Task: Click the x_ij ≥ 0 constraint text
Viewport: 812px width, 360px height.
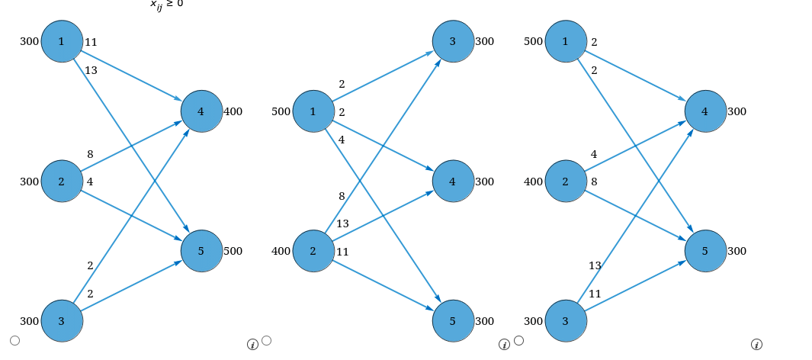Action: tap(166, 4)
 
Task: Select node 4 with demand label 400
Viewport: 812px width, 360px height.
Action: tap(201, 111)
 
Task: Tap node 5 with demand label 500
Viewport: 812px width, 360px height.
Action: tap(201, 251)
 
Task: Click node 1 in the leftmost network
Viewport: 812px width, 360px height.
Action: tap(62, 41)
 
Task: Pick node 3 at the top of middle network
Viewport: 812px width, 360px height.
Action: tap(453, 41)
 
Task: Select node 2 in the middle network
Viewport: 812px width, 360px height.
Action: tap(313, 251)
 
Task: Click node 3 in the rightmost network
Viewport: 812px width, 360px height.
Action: tap(566, 321)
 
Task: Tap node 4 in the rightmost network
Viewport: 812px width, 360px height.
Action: tap(705, 111)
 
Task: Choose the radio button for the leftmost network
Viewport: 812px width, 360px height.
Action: tap(14, 340)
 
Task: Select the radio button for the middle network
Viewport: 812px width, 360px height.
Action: tap(266, 340)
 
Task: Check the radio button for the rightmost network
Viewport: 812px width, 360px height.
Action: tap(518, 340)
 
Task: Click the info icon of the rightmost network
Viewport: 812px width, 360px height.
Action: tap(756, 345)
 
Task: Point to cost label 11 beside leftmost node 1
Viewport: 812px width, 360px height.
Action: tap(91, 42)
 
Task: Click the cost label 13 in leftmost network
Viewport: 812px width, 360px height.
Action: tap(91, 70)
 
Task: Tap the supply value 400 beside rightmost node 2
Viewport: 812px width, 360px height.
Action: tap(534, 182)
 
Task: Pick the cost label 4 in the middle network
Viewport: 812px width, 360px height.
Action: tap(342, 140)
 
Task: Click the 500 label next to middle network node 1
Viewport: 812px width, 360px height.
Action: tap(281, 112)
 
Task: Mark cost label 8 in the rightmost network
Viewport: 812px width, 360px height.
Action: tap(594, 182)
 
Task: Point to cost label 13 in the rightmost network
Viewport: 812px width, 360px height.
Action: tap(595, 265)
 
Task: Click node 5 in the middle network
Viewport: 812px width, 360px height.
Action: tap(453, 321)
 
